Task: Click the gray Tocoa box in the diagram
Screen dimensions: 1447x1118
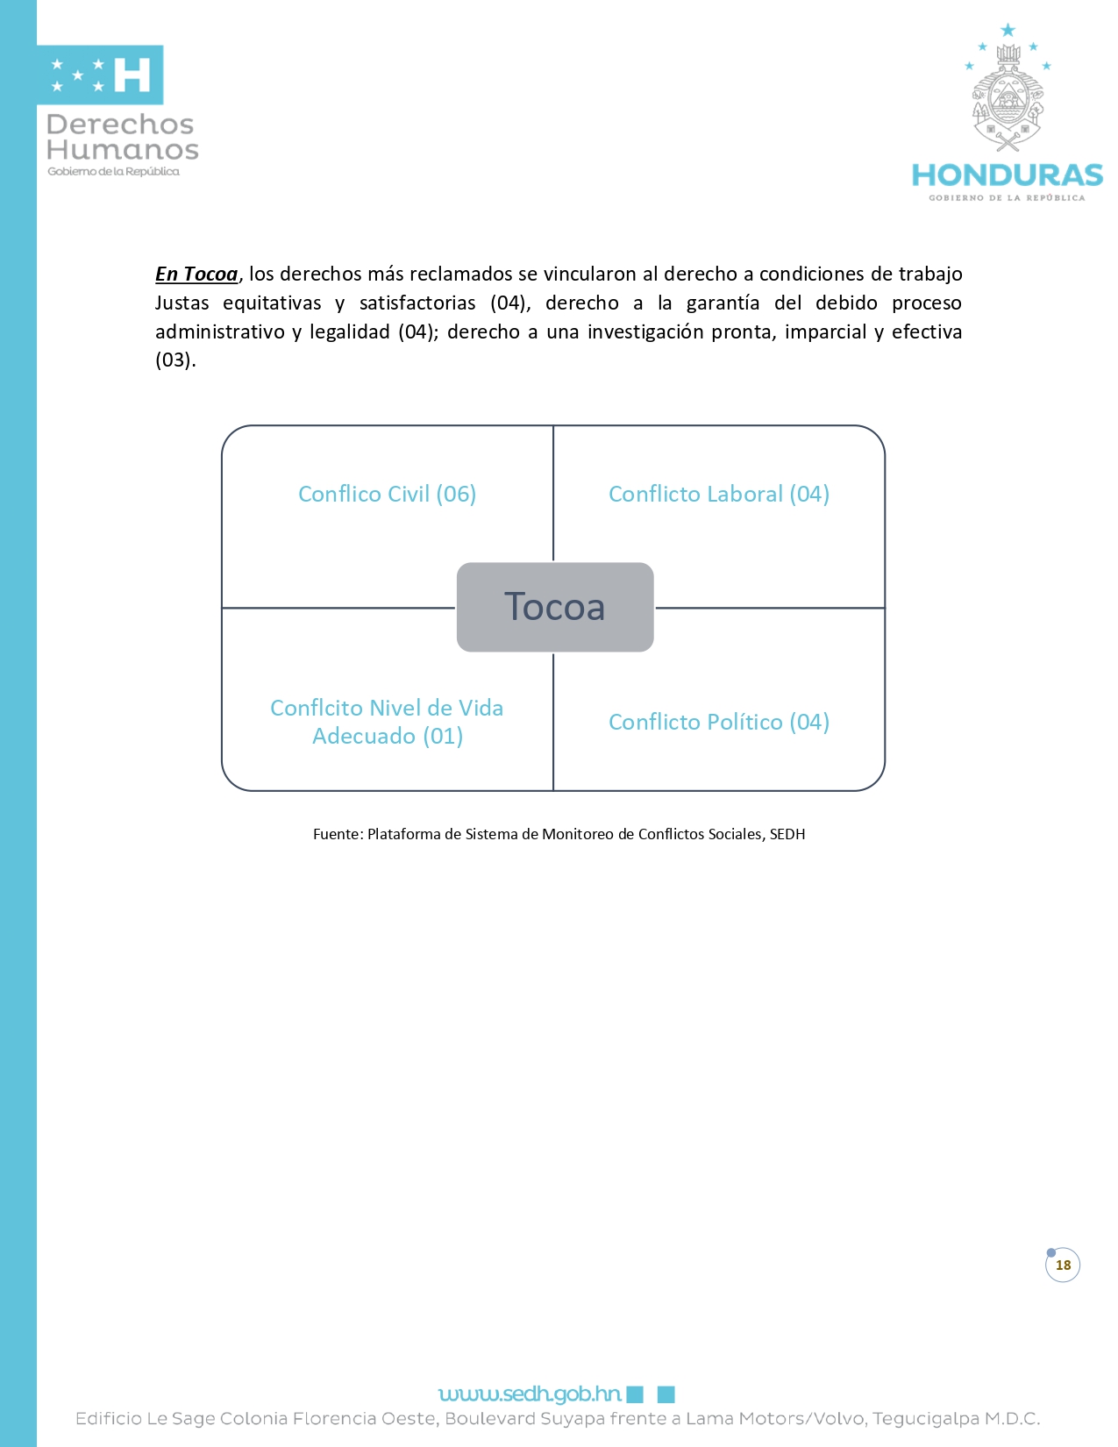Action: click(555, 607)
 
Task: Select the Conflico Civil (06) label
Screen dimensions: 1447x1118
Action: click(387, 495)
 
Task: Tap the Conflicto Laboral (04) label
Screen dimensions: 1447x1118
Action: click(719, 495)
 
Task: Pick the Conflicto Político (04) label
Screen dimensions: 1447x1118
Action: click(719, 723)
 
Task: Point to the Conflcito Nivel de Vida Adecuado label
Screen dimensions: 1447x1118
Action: click(387, 722)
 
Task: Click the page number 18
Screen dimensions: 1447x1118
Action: click(1063, 1265)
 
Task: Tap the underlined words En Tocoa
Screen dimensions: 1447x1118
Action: click(196, 274)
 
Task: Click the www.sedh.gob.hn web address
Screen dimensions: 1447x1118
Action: click(530, 1394)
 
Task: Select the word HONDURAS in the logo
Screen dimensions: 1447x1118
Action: click(1007, 175)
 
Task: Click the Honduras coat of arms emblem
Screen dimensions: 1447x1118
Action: click(1008, 105)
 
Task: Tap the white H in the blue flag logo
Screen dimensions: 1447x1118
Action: click(132, 75)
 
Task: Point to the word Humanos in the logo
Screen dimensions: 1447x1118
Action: click(123, 150)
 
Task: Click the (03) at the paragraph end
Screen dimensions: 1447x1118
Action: click(173, 360)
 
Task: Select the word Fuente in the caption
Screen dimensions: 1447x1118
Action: click(337, 834)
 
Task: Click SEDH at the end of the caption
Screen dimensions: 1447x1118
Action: click(787, 834)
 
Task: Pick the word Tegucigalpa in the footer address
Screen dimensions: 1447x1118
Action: click(924, 1419)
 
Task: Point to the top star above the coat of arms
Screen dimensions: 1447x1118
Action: click(1008, 31)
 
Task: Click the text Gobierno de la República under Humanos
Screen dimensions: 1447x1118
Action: click(113, 172)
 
